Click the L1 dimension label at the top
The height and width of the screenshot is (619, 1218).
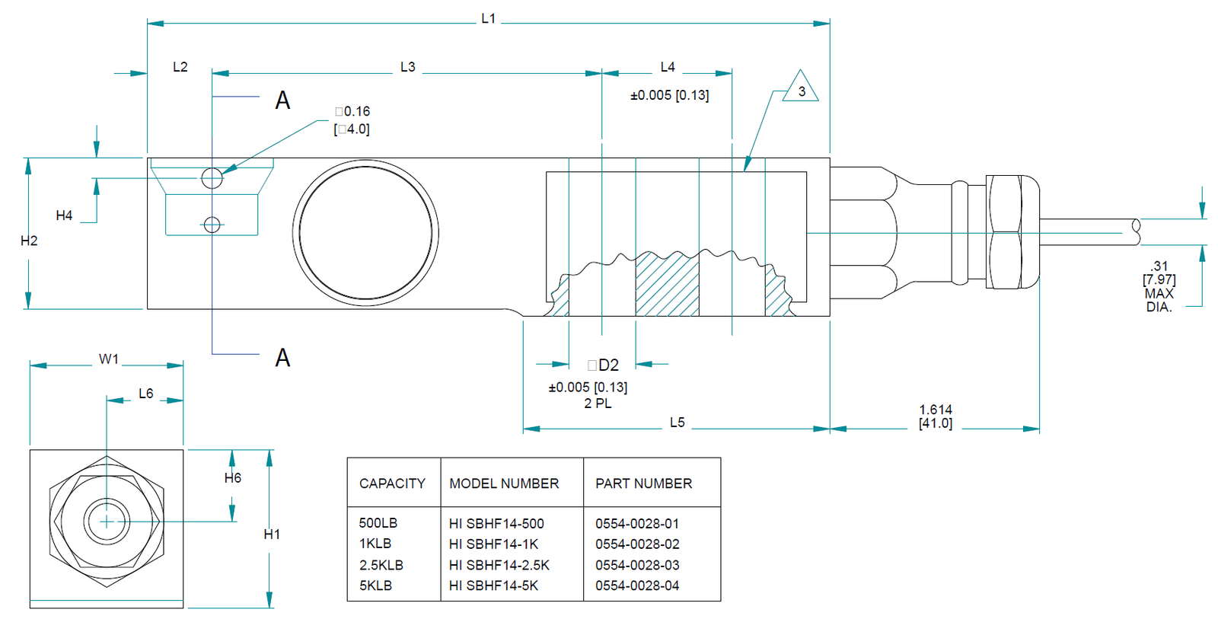[x=488, y=19]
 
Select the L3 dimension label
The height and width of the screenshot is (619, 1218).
[x=408, y=68]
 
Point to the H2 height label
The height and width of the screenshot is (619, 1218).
[x=29, y=241]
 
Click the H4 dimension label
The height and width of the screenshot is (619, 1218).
[x=65, y=216]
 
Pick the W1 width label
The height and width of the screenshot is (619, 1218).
[x=109, y=359]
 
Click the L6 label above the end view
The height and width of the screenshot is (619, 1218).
[x=146, y=394]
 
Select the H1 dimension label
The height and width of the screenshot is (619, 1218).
[x=272, y=534]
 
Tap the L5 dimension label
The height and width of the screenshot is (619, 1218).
[x=677, y=423]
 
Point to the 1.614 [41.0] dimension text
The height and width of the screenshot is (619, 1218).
[x=936, y=416]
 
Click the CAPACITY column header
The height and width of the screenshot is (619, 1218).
[x=392, y=483]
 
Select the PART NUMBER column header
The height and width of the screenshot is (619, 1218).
[x=643, y=483]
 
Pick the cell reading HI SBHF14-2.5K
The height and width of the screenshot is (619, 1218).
[x=499, y=565]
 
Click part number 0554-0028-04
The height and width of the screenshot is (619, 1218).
[x=637, y=585]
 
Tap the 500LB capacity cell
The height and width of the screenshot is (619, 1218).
[x=378, y=523]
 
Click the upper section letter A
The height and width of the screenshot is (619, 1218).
[x=282, y=101]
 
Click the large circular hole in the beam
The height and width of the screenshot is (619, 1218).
[x=365, y=233]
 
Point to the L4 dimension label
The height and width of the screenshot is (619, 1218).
[x=668, y=68]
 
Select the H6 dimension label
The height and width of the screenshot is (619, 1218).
[x=233, y=478]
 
